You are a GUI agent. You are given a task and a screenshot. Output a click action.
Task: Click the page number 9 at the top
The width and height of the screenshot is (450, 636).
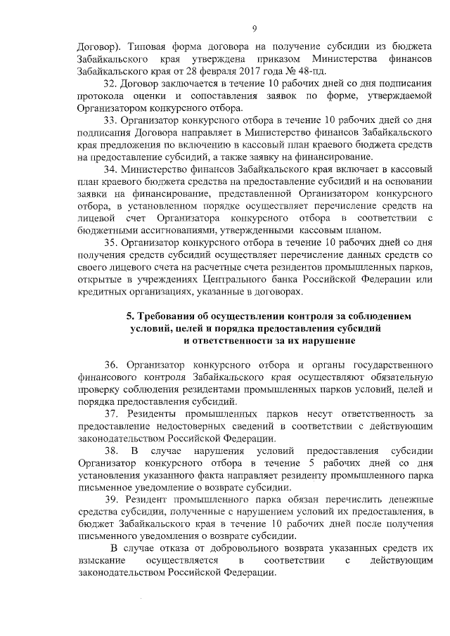255,28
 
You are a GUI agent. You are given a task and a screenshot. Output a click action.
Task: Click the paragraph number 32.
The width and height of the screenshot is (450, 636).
112,84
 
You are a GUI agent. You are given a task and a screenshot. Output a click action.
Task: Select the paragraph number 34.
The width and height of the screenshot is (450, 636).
112,169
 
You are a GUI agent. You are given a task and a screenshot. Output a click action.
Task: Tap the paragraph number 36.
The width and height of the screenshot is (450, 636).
112,365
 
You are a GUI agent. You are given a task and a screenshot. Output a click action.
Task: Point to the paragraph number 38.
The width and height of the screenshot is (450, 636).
112,450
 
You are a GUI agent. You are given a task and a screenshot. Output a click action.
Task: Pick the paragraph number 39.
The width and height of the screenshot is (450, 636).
112,498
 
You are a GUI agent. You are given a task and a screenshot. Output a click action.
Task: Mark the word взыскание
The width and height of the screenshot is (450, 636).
101,560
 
